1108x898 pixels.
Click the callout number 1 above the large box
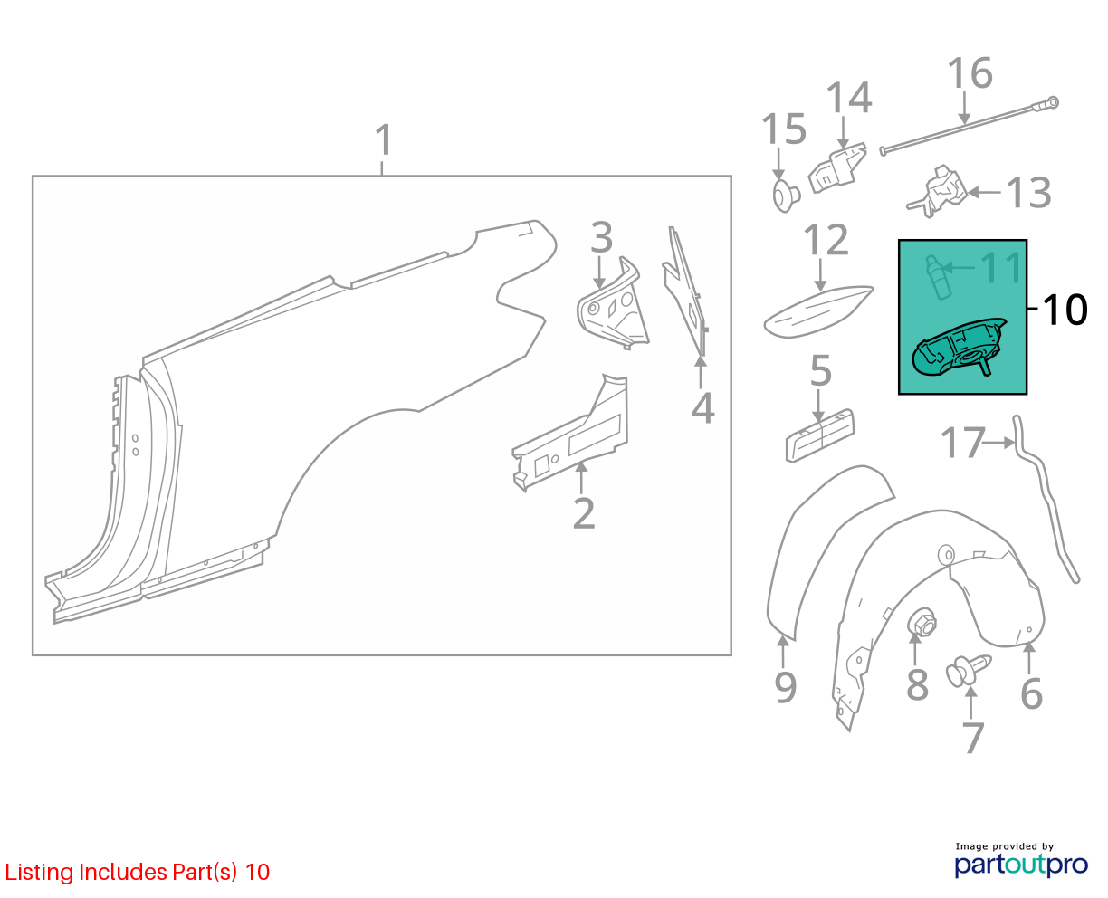click(384, 140)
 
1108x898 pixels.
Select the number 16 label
click(969, 72)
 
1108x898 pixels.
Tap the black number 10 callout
click(1065, 310)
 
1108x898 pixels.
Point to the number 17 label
click(963, 443)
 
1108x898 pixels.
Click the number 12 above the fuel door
click(826, 240)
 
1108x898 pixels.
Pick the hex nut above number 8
click(921, 622)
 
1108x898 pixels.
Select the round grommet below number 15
click(786, 196)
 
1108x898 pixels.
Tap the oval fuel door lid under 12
click(817, 311)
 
